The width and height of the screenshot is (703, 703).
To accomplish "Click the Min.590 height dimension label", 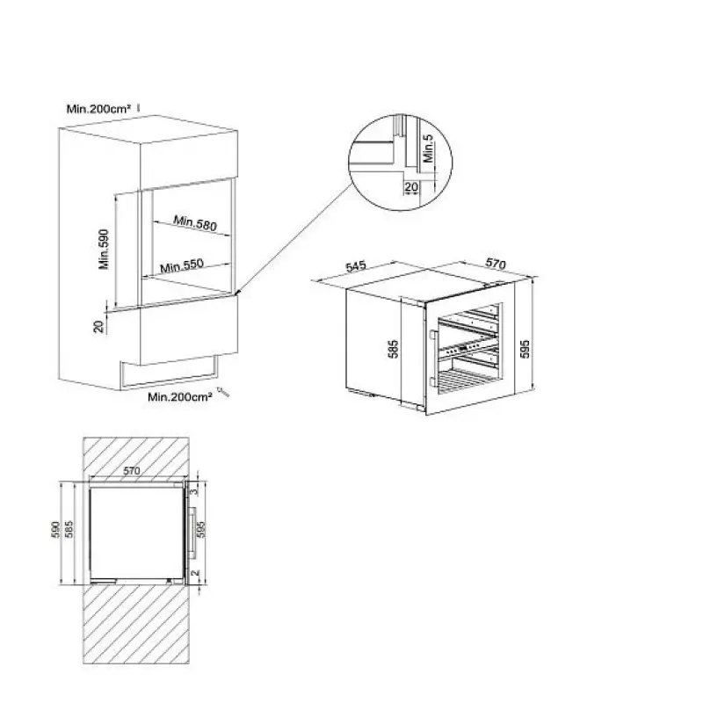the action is pos(104,250).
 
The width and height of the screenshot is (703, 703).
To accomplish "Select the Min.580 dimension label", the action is pos(195,223).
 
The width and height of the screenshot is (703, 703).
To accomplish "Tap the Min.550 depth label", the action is pos(182,266).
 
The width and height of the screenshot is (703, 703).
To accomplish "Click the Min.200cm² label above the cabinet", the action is pos(98,109).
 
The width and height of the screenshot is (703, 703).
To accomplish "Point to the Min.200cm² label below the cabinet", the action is pos(180,397).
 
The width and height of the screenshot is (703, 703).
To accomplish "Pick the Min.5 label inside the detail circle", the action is pos(429,149).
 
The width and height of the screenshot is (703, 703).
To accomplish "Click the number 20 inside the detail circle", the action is pos(411,187).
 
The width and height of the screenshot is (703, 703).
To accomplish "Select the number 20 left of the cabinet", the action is pos(98,326).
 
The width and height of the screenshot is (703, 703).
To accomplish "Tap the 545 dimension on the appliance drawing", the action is pos(356,266).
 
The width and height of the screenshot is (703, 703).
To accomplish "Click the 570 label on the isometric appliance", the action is pos(496,264).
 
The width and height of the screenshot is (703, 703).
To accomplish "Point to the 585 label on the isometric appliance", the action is pos(393,349).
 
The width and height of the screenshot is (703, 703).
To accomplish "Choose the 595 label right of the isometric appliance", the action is pos(525,349).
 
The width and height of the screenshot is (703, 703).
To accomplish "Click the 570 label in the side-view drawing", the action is pos(131,471).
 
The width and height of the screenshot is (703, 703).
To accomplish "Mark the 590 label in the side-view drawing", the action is pos(56,530).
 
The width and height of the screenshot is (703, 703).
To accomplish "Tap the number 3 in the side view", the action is pos(193,491).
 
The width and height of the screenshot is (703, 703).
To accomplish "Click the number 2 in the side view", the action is pos(194,574).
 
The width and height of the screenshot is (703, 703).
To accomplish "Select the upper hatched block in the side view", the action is pos(136,459).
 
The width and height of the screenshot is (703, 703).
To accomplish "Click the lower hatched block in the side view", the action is pos(136,624).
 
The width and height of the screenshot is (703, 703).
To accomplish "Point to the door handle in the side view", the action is pos(193,533).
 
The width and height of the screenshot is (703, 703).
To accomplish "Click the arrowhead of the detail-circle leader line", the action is pos(237,293).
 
